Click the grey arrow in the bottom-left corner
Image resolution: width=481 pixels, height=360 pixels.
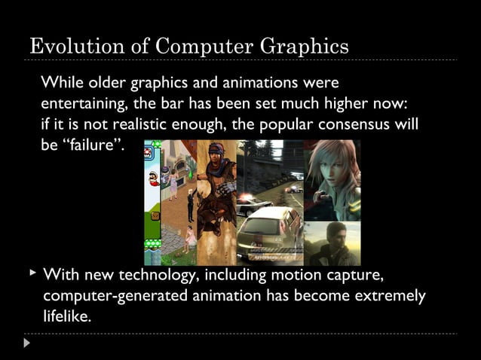[x=27, y=343]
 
